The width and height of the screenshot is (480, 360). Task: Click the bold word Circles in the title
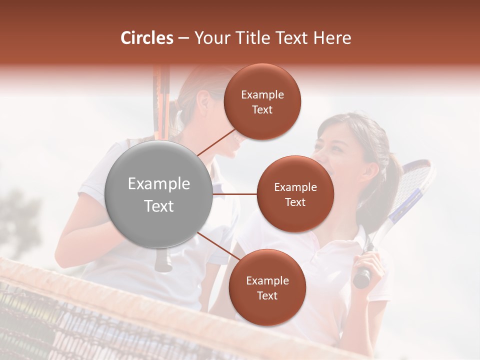[x=146, y=38]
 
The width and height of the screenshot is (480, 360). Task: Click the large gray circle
[x=159, y=194]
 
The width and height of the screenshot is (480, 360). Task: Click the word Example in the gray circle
[x=159, y=184]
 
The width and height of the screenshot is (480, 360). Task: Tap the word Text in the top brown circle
[x=262, y=109]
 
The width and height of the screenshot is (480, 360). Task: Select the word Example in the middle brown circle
[x=295, y=187]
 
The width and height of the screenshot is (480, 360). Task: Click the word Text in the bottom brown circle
[x=267, y=295]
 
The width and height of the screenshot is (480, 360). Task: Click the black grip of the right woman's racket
[x=362, y=277]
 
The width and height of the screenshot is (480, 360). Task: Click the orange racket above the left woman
[x=161, y=100]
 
